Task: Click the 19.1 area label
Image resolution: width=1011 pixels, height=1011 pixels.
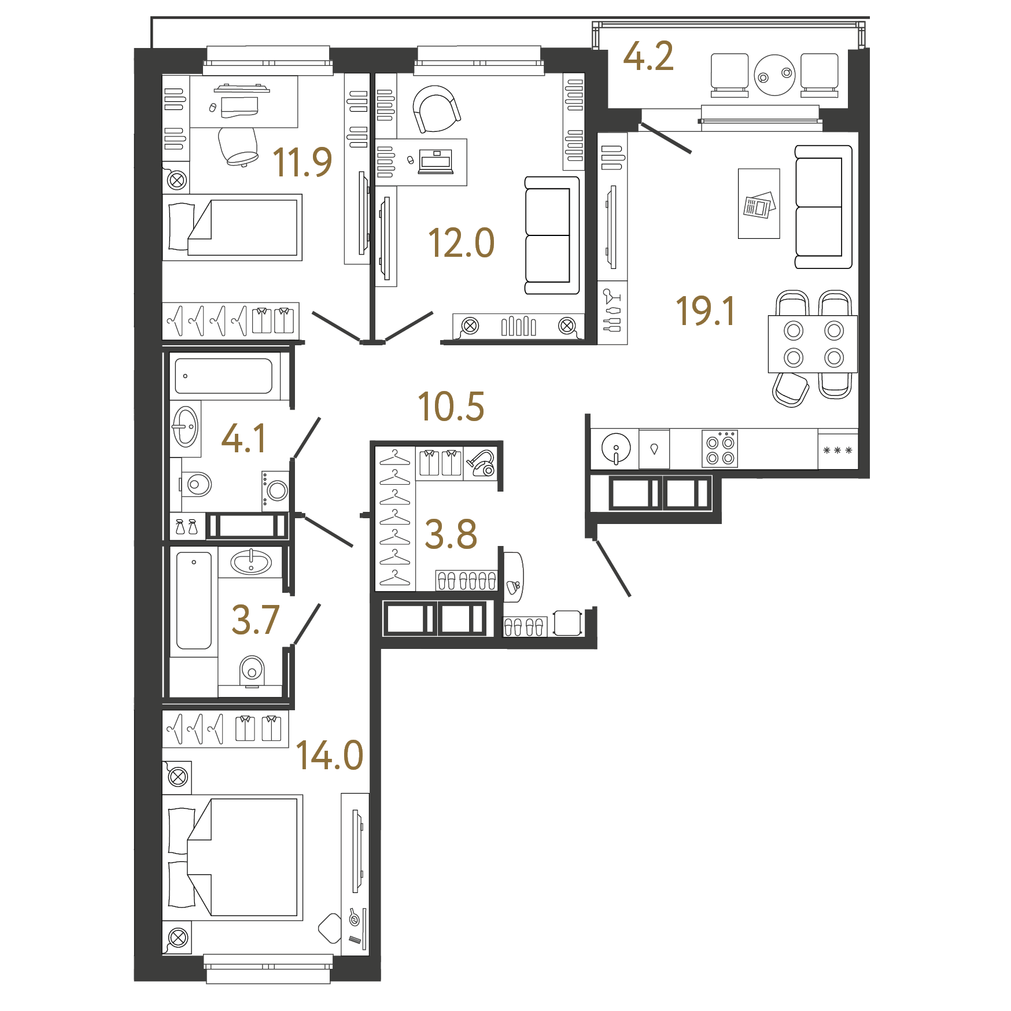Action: (705, 311)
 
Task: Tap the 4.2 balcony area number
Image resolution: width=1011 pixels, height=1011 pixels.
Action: (648, 57)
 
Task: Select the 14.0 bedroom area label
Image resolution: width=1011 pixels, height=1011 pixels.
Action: (329, 755)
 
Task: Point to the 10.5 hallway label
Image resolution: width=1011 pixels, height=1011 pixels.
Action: (451, 406)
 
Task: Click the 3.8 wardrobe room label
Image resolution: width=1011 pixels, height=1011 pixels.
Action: (451, 534)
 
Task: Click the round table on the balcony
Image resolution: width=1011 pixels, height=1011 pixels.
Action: (774, 75)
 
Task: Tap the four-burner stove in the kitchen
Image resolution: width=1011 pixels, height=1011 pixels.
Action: (719, 449)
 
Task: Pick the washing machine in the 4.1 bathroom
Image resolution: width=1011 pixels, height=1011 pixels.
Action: (275, 490)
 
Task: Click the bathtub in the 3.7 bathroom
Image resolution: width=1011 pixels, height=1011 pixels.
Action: (194, 600)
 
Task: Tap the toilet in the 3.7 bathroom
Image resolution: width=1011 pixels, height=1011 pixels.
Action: (252, 671)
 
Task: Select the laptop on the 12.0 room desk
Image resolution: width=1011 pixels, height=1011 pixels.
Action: (436, 162)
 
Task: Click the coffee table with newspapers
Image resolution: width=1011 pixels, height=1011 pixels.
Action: (759, 204)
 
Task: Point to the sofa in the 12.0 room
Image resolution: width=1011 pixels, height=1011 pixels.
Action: (552, 235)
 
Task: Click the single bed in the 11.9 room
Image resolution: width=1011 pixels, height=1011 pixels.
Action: (232, 227)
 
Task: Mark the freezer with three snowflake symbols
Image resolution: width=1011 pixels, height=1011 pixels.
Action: (837, 449)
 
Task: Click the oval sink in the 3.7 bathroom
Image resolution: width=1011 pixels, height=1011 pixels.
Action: (251, 562)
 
